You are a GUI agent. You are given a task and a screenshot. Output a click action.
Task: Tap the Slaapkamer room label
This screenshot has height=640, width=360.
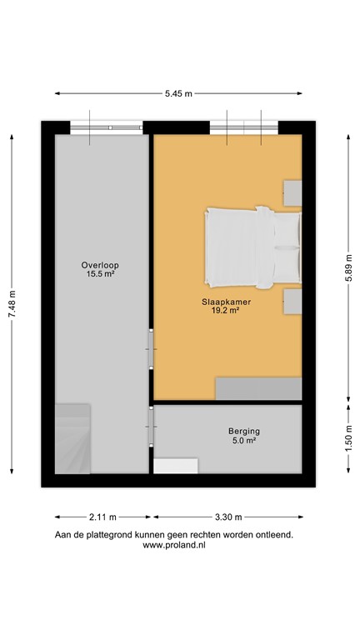click(220, 302)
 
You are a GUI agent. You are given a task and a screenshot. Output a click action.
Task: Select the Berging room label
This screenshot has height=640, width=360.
click(244, 431)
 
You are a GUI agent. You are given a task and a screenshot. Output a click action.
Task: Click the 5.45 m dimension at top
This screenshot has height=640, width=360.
click(178, 94)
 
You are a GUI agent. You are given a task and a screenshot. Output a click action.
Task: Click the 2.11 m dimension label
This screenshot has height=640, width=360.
click(102, 516)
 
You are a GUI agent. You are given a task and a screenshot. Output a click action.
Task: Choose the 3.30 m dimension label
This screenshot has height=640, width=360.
click(227, 516)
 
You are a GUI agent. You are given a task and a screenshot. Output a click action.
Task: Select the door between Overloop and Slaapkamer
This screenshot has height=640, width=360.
click(150, 348)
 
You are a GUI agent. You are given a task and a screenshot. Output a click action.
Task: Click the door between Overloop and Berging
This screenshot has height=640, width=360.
click(150, 426)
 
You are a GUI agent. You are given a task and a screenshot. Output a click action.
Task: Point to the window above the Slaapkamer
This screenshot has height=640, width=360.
click(243, 127)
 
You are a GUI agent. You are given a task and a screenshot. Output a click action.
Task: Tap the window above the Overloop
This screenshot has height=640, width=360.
click(106, 127)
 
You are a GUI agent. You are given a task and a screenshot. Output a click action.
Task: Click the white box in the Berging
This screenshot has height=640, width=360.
click(176, 466)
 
